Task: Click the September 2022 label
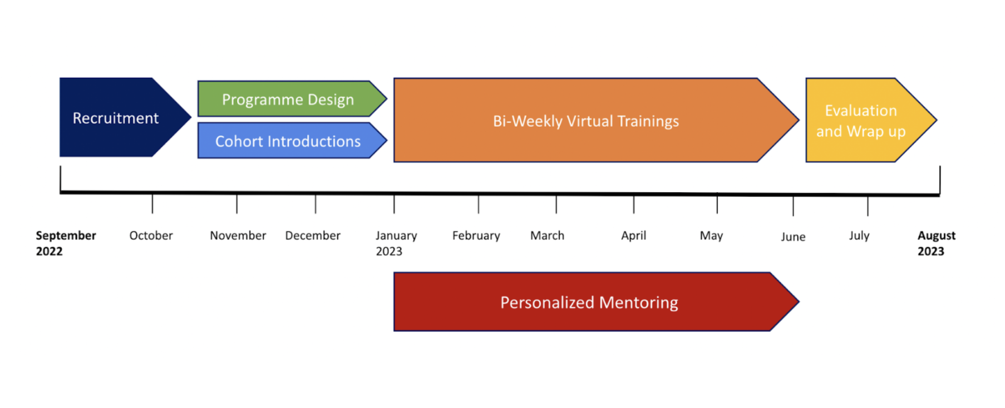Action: pyautogui.click(x=66, y=243)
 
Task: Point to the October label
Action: pyautogui.click(x=151, y=236)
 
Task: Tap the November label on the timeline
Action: pyautogui.click(x=238, y=236)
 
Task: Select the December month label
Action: pyautogui.click(x=313, y=236)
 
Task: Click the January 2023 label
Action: pyautogui.click(x=396, y=243)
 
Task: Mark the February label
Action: pyautogui.click(x=476, y=236)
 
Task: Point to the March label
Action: pyautogui.click(x=547, y=236)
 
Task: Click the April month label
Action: pyautogui.click(x=633, y=236)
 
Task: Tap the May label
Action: pyautogui.click(x=711, y=236)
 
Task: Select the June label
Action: pyautogui.click(x=793, y=237)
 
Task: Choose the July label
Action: pyautogui.click(x=859, y=236)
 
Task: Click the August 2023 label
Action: pyautogui.click(x=937, y=243)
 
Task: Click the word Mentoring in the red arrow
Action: pyautogui.click(x=639, y=303)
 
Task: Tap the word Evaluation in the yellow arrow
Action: pyautogui.click(x=861, y=111)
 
